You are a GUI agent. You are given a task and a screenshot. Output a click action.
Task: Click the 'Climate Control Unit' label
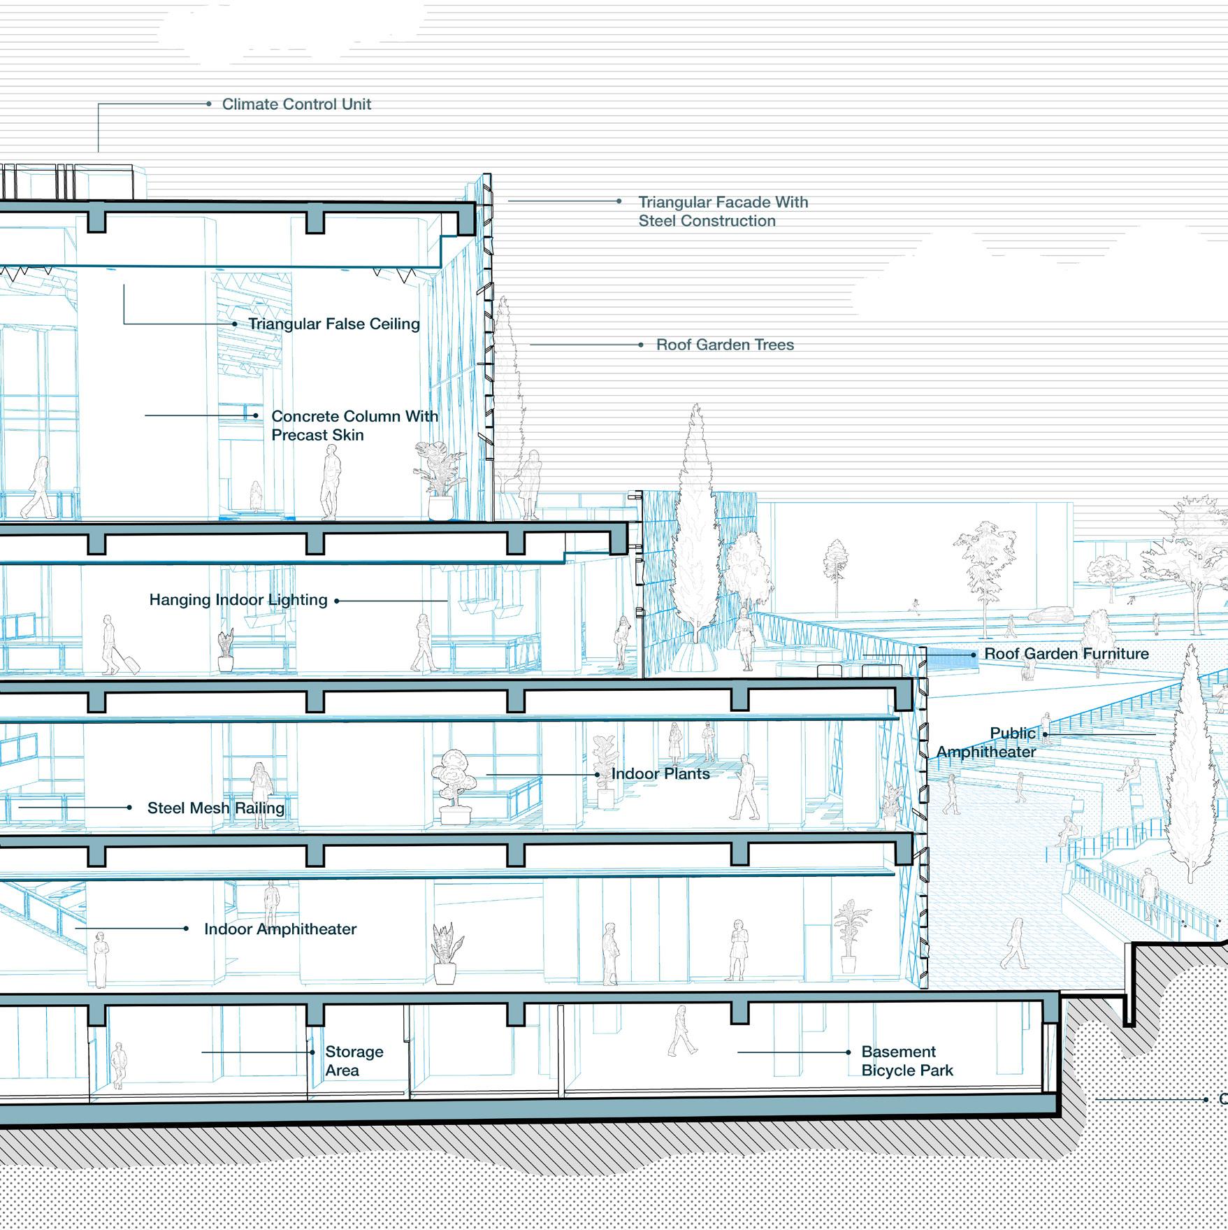click(296, 104)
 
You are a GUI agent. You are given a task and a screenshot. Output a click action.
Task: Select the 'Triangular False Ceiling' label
click(334, 324)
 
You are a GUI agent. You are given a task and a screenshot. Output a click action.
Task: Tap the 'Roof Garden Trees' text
click(725, 345)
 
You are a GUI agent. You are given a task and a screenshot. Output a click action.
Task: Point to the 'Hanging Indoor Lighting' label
click(238, 600)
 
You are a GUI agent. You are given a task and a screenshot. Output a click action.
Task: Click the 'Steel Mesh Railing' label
click(216, 808)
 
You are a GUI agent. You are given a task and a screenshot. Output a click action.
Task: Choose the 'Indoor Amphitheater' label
click(280, 929)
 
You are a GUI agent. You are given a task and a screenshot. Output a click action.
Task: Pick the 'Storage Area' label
click(354, 1061)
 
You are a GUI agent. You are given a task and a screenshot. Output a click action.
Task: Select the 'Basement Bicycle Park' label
click(906, 1061)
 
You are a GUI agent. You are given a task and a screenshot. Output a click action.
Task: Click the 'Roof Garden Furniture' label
click(1067, 654)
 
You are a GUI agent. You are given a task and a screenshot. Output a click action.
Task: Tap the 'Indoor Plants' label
click(660, 774)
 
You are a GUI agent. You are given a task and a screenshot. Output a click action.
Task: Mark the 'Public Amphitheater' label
click(986, 743)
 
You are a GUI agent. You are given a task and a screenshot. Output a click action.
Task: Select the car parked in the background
click(1050, 615)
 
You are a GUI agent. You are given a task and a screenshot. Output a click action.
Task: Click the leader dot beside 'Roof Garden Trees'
click(641, 345)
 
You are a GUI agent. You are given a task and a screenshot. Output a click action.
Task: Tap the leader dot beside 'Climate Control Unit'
click(209, 104)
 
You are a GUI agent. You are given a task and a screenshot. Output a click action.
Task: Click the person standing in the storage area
click(119, 1065)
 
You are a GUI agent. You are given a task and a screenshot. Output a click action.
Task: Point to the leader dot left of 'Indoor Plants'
click(597, 775)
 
